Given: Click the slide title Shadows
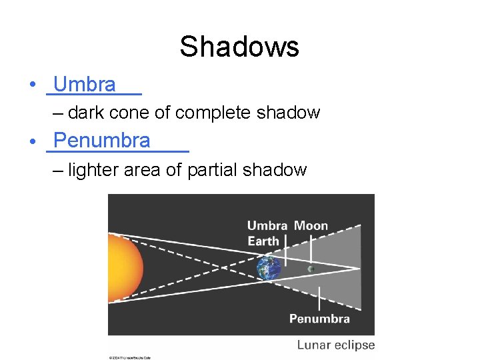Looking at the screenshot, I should coord(239,47).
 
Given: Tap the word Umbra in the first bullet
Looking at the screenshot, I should coord(85,85).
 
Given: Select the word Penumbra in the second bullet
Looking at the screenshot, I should coord(102,141).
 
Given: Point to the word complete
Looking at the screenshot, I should coord(207,113).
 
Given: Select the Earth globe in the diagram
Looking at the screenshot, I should coord(269,268).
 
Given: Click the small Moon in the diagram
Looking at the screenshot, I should coord(311,269).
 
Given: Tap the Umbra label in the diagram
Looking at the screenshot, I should coord(267,226).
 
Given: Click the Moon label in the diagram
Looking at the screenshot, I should coord(311,226).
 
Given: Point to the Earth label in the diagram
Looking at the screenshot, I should coord(263,241).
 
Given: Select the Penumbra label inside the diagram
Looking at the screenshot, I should coord(319,319).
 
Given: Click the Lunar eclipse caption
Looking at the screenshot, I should coord(336,345).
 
